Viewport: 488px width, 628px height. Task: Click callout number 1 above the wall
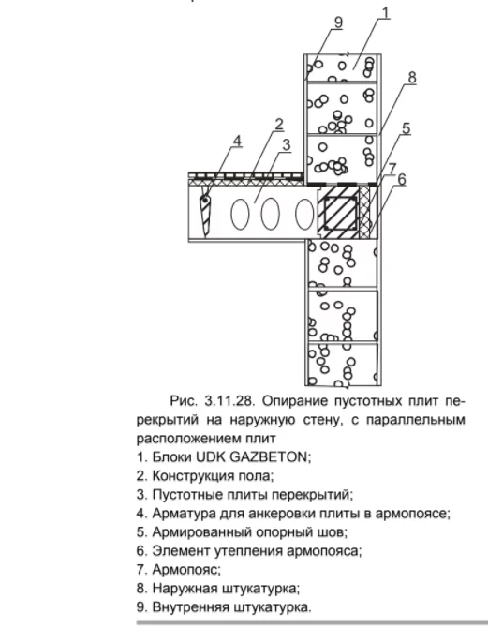385,12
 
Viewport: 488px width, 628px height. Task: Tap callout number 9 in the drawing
338,22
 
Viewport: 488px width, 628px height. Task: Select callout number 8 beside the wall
412,77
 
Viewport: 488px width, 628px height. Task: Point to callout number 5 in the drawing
406,128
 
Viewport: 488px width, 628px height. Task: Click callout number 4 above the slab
237,141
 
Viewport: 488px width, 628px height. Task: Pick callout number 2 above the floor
278,125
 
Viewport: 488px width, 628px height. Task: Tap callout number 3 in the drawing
286,144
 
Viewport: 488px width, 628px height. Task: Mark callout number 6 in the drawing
402,179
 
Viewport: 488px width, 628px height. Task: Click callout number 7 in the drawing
392,168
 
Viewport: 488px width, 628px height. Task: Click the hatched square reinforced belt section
339,212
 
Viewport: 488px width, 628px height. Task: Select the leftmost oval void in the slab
240,214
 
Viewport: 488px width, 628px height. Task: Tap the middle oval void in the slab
270,214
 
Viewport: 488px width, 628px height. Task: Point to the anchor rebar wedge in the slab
205,211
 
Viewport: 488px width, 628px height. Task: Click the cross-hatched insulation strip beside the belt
364,212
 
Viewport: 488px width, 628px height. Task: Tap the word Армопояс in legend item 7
186,570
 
